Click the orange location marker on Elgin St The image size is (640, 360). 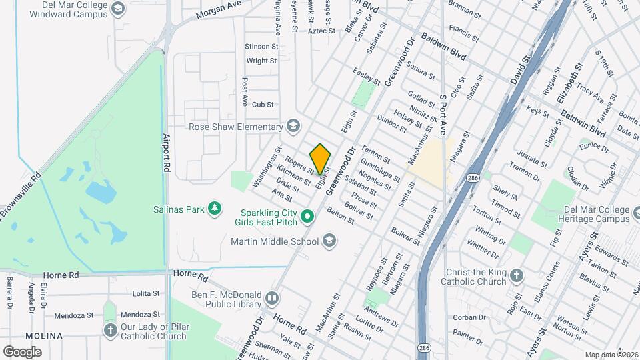tap(321, 159)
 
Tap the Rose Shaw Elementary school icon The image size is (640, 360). tap(293, 127)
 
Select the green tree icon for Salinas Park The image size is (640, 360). tap(215, 209)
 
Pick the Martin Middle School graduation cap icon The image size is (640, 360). tap(329, 240)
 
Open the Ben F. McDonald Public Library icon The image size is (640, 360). tap(271, 298)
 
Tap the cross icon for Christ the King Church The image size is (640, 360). tap(517, 276)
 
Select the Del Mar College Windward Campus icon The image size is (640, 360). tap(118, 8)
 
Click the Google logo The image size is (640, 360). tap(22, 351)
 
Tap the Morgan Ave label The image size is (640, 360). tap(219, 13)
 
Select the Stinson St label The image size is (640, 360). tap(261, 47)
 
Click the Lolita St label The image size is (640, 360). tap(146, 293)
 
